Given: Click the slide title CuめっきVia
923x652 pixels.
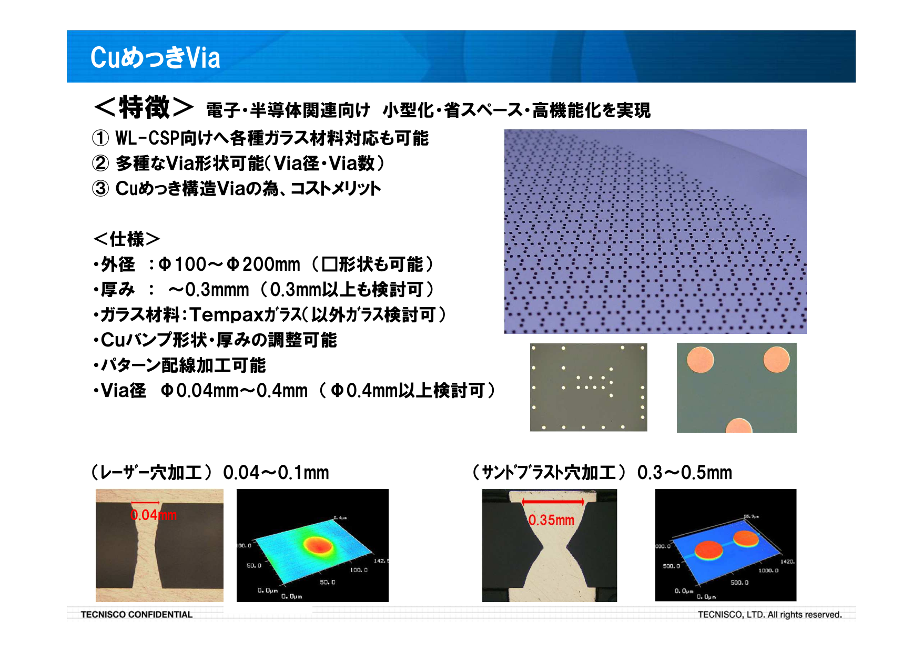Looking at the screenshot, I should (x=155, y=57).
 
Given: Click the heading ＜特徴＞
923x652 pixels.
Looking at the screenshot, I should (x=143, y=107).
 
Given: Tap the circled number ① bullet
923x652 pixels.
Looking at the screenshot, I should (x=100, y=138).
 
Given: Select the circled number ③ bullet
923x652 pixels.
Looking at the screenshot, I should (x=100, y=188).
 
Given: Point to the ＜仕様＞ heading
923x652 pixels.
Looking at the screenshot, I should (x=126, y=239).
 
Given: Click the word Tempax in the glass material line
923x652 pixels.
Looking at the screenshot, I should (x=226, y=315).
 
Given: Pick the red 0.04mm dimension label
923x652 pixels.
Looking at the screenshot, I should (x=153, y=515).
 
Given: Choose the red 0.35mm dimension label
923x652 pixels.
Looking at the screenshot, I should (x=551, y=520).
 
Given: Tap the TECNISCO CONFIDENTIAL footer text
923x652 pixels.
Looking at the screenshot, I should (x=137, y=614).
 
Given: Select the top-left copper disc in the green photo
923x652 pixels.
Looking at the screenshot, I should (x=701, y=360).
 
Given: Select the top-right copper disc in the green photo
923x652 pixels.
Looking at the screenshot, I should (x=776, y=360).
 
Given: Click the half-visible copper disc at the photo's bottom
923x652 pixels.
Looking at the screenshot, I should (x=738, y=426).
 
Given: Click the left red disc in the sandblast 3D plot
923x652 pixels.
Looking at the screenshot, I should (x=708, y=550).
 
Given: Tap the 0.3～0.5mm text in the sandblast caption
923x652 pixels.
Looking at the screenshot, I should (x=684, y=473).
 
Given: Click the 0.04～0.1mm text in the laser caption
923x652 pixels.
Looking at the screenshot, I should (x=276, y=473).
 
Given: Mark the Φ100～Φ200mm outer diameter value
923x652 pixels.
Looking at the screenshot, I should (x=229, y=264).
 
